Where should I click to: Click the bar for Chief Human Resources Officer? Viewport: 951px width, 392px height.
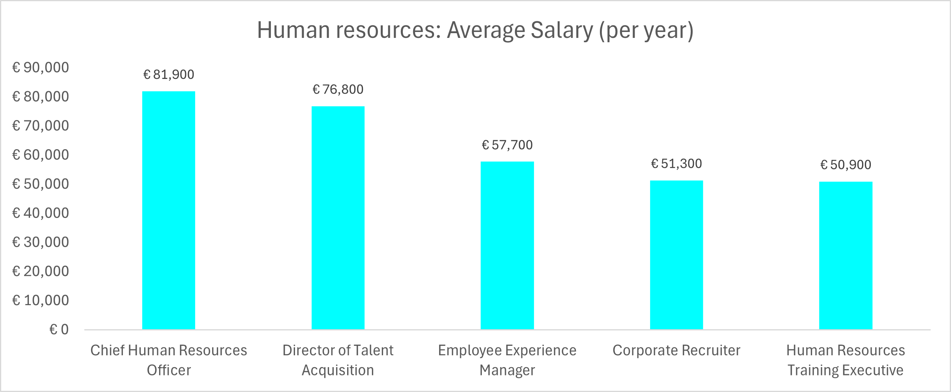169,210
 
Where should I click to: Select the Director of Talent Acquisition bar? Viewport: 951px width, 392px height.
338,218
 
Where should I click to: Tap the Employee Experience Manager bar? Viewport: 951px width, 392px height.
507,246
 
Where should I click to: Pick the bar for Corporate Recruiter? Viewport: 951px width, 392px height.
677,255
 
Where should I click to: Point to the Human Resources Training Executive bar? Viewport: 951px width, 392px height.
846,255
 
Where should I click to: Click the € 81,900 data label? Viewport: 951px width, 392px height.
169,75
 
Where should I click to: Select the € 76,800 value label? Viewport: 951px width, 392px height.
338,90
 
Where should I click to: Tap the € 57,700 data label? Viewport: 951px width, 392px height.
507,145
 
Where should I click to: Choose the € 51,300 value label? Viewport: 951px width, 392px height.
677,164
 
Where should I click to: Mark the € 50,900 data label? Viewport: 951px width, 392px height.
846,165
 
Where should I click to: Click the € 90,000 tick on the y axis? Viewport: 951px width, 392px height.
41,68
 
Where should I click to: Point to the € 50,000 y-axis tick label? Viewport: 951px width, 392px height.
41,184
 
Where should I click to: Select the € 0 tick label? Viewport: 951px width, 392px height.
59,330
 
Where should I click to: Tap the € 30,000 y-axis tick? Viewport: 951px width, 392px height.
41,242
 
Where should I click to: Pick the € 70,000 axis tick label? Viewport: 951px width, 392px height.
41,126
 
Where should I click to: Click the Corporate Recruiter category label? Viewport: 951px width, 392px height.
677,351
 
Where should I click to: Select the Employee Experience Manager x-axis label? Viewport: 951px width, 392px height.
507,360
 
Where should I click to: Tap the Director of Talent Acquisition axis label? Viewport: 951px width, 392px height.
338,360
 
